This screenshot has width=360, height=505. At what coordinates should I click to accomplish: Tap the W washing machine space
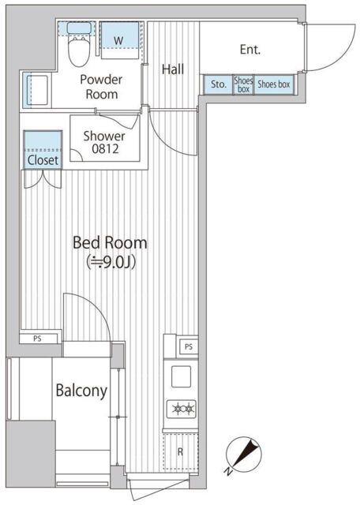click(120, 40)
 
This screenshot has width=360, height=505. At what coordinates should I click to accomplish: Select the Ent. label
click(250, 49)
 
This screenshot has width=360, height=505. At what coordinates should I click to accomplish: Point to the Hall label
click(173, 69)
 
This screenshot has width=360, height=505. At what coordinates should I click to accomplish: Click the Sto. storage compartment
click(218, 84)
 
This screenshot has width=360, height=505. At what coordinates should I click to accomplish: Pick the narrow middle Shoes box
click(243, 84)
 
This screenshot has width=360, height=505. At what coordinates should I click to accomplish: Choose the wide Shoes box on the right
click(274, 84)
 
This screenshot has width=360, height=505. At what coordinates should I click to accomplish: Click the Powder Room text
click(102, 87)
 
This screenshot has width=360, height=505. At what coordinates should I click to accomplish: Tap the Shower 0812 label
click(104, 142)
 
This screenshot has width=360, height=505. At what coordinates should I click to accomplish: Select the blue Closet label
click(43, 160)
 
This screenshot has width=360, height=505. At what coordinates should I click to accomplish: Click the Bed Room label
click(110, 242)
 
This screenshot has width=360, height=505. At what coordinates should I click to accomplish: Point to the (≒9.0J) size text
click(111, 262)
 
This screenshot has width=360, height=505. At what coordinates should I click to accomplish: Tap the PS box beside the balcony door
click(39, 339)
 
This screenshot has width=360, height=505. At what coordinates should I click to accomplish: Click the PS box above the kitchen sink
click(188, 346)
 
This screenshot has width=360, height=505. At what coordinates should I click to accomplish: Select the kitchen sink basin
click(181, 376)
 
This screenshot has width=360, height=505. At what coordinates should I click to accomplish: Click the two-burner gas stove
click(181, 409)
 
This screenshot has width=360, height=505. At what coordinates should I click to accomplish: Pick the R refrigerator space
click(180, 451)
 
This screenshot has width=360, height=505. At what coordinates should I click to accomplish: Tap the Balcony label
click(81, 391)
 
